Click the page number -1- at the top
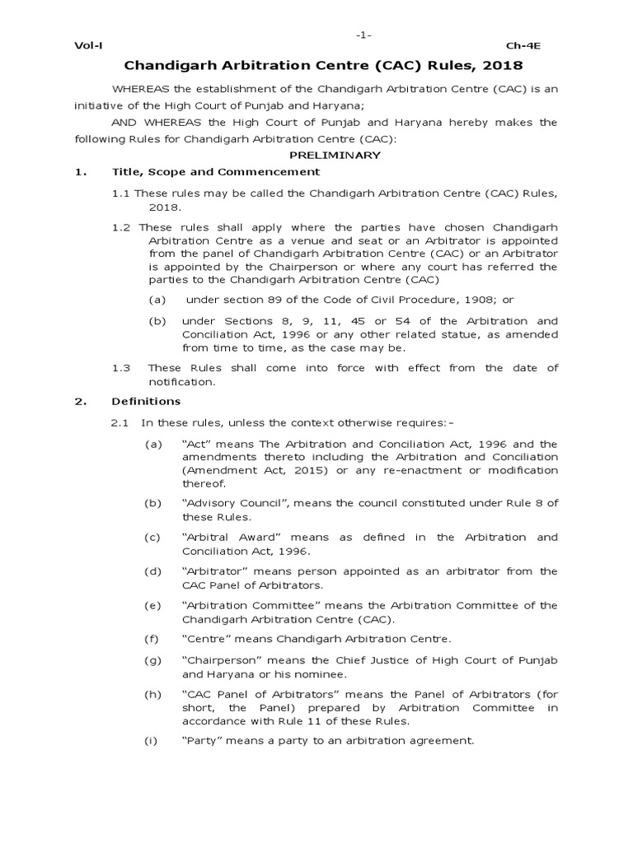pyautogui.click(x=363, y=35)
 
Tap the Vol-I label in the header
pyautogui.click(x=87, y=47)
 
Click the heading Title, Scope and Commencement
pyautogui.click(x=215, y=172)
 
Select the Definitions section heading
pyautogui.click(x=146, y=401)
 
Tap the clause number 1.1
pyautogui.click(x=121, y=193)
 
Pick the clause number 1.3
pyautogui.click(x=121, y=368)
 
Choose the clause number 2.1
pyautogui.click(x=121, y=422)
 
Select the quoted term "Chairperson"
pyautogui.click(x=218, y=659)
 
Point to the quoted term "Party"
pyautogui.click(x=200, y=740)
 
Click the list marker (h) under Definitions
pyautogui.click(x=153, y=694)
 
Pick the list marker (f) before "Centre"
pyautogui.click(x=152, y=639)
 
